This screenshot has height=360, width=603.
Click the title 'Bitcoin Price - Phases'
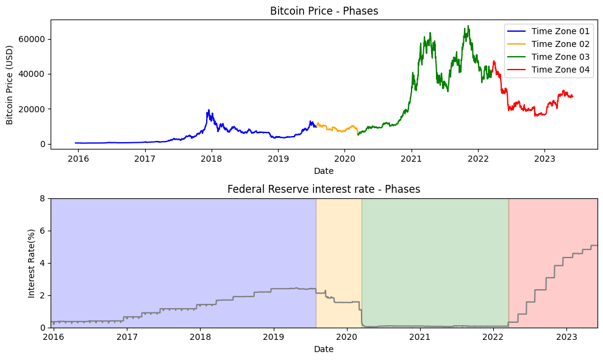pyautogui.click(x=324, y=11)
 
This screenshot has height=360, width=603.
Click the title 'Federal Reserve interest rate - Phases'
pyautogui.click(x=324, y=189)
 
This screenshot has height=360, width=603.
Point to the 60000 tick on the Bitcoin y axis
pyautogui.click(x=34, y=39)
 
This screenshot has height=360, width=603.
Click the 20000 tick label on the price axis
pyautogui.click(x=34, y=109)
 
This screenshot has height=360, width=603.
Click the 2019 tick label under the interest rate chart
pyautogui.click(x=273, y=337)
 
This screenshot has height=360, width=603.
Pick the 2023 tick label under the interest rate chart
pyautogui.click(x=566, y=337)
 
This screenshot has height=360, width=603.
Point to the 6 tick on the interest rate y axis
pyautogui.click(x=43, y=231)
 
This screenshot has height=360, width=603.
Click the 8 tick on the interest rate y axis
pyautogui.click(x=43, y=198)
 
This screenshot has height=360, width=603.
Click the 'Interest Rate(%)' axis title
pyautogui.click(x=32, y=263)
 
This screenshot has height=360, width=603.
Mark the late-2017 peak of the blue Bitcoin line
pyautogui.click(x=209, y=110)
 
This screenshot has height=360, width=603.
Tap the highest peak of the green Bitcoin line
pyautogui.click(x=468, y=26)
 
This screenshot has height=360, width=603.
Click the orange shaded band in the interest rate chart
pyautogui.click(x=338, y=262)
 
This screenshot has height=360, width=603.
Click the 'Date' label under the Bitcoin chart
pyautogui.click(x=324, y=170)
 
